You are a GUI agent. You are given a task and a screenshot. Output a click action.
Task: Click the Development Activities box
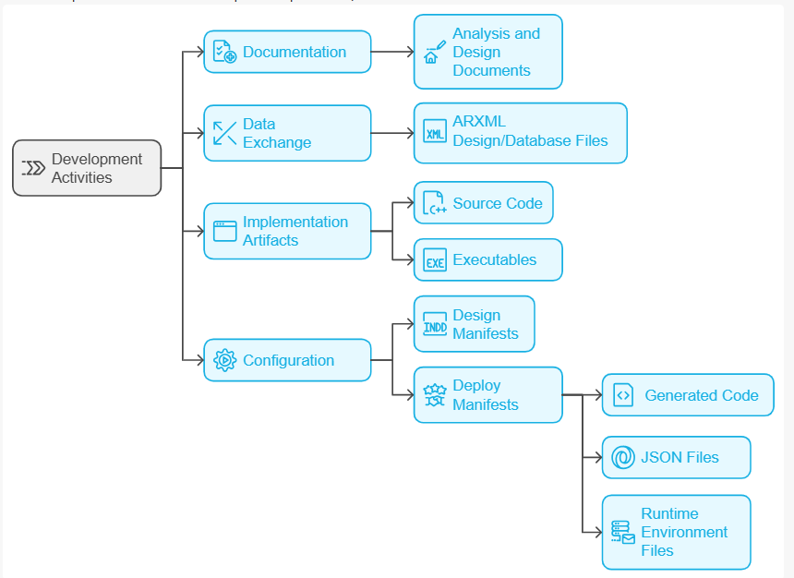87,168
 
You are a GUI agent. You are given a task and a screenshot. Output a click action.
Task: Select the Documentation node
287,52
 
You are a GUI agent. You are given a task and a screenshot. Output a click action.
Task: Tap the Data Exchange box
287,133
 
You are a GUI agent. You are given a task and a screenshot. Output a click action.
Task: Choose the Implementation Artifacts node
287,231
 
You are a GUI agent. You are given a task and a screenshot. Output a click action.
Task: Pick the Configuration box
287,360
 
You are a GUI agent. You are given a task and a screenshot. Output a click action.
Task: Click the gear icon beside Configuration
225,360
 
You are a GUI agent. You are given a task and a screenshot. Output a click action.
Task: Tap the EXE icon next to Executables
435,259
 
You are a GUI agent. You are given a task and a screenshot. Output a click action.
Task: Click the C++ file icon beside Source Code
434,202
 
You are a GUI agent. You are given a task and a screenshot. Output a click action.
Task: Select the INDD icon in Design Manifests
435,324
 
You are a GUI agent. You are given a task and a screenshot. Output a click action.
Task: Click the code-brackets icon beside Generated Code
623,395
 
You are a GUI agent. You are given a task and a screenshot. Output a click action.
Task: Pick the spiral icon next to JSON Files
623,457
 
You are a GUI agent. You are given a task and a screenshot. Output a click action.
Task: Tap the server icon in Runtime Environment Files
623,532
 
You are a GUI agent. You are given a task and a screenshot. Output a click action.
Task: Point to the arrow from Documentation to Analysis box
392,52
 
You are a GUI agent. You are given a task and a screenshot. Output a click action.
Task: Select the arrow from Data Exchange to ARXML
392,133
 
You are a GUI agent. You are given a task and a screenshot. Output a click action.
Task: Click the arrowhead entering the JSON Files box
598,457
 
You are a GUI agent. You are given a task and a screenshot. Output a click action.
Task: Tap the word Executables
494,259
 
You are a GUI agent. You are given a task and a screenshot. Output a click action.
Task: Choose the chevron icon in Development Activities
33,168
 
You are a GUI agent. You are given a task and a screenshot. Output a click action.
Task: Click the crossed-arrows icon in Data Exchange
225,133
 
